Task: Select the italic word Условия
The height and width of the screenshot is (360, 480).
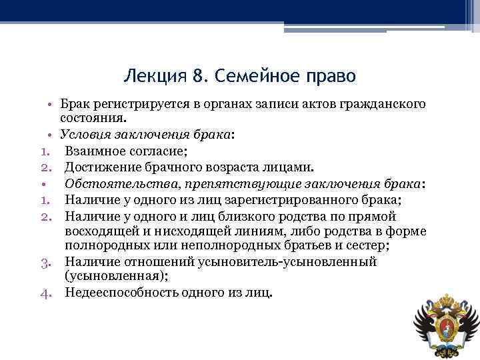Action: (x=87, y=134)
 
